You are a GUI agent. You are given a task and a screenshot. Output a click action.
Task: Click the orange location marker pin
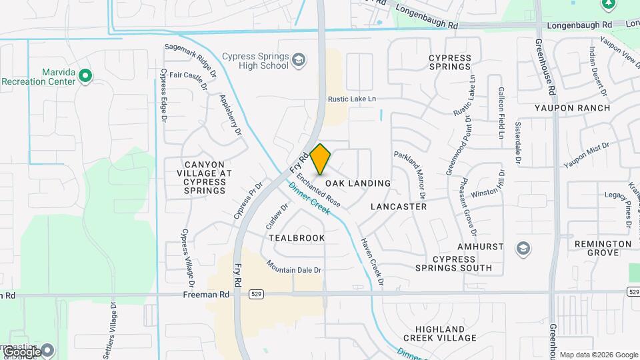(x=320, y=159)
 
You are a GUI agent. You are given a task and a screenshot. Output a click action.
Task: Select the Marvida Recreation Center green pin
(x=85, y=76)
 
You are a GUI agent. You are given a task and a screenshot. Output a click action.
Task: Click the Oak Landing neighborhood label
(x=357, y=183)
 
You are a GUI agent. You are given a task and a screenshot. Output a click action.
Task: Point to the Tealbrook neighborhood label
(x=297, y=238)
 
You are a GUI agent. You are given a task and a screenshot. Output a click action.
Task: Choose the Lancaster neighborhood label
(x=398, y=207)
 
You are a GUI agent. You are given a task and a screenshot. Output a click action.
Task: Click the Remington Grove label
(x=603, y=249)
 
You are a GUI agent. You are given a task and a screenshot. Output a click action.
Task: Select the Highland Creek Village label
(x=445, y=333)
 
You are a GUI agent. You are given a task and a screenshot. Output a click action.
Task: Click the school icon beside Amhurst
(x=523, y=249)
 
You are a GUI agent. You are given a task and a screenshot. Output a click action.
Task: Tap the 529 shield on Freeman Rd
(x=256, y=293)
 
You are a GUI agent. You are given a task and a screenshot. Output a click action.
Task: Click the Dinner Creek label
(x=309, y=199)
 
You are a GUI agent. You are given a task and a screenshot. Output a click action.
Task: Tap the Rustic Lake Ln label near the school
(x=351, y=99)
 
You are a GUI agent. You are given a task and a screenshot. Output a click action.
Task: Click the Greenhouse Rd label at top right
(x=543, y=66)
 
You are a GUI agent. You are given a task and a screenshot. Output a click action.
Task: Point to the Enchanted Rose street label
(x=319, y=191)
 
